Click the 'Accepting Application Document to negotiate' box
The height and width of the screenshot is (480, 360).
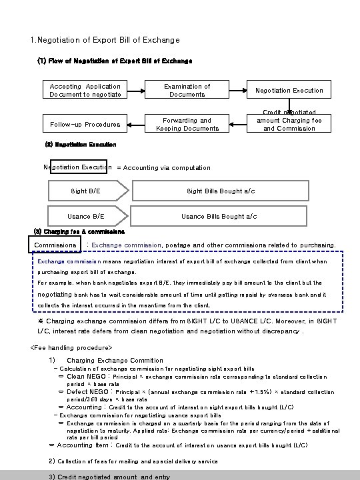pyautogui.click(x=85, y=90)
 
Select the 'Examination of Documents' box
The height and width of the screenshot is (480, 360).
pyautogui.click(x=187, y=90)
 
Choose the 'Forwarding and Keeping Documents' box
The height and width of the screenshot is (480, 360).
pyautogui.click(x=187, y=124)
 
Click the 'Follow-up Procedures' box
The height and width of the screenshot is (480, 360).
pyautogui.click(x=85, y=124)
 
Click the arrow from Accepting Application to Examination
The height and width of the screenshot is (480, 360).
pyautogui.click(x=137, y=91)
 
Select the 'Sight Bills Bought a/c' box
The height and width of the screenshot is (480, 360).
pyautogui.click(x=219, y=191)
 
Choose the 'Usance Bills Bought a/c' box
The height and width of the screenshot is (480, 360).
pyautogui.click(x=219, y=216)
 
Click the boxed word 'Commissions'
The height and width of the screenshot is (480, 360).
pyautogui.click(x=55, y=245)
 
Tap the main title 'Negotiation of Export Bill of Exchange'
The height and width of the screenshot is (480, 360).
pyautogui.click(x=105, y=41)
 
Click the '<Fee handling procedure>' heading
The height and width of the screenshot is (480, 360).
pyautogui.click(x=72, y=347)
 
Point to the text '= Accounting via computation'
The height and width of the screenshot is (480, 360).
pyautogui.click(x=163, y=168)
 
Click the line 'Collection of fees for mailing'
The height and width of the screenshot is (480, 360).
pyautogui.click(x=133, y=461)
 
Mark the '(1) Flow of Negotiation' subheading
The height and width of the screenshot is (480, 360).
pyautogui.click(x=115, y=61)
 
